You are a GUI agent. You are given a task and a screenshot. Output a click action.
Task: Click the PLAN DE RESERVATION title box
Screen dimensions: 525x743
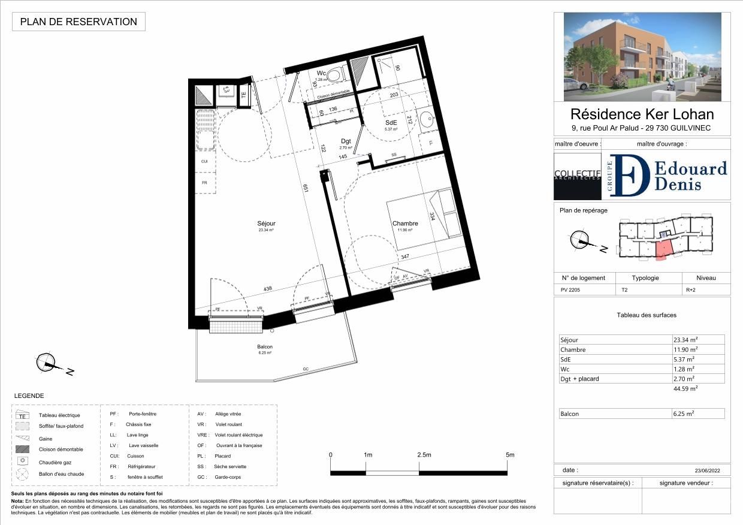pyautogui.click(x=78, y=22)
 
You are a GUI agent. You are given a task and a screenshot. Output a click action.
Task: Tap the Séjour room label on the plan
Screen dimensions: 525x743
pyautogui.click(x=267, y=224)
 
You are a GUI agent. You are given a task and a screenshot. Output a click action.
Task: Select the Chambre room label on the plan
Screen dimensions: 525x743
pyautogui.click(x=405, y=224)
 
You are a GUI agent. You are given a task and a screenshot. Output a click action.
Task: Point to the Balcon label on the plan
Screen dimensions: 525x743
pyautogui.click(x=265, y=347)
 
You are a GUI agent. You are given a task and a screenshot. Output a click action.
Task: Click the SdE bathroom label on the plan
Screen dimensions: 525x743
pyautogui.click(x=390, y=122)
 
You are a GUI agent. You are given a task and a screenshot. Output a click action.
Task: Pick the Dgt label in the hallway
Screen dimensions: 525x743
pyautogui.click(x=346, y=141)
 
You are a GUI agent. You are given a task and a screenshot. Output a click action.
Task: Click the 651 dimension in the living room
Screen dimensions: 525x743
pyautogui.click(x=306, y=187)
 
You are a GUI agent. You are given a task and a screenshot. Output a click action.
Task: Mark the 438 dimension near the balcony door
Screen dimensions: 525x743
pyautogui.click(x=268, y=288)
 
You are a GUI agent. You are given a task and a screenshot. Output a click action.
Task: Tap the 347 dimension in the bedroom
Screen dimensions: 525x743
pyautogui.click(x=406, y=257)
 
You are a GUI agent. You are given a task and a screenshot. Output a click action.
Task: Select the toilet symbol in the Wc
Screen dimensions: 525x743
pyautogui.click(x=337, y=74)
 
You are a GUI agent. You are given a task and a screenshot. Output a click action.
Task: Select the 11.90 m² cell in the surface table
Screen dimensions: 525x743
pyautogui.click(x=686, y=349)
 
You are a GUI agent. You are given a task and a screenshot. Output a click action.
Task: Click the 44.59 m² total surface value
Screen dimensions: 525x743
pyautogui.click(x=685, y=388)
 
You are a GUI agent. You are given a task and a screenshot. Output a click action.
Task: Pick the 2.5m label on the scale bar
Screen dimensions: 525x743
pyautogui.click(x=424, y=455)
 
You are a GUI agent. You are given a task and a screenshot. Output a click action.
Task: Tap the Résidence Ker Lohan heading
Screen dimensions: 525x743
pyautogui.click(x=642, y=113)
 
